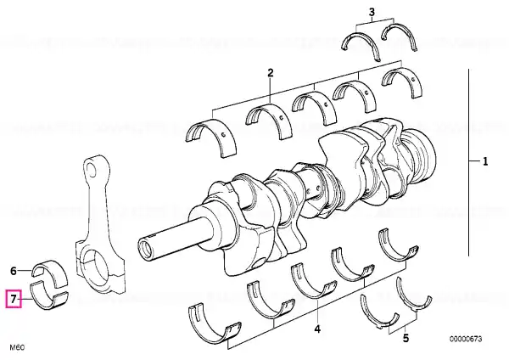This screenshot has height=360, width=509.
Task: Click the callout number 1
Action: point(485,161)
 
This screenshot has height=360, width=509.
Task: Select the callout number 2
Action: point(271,73)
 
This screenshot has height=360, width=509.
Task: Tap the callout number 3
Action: point(372,12)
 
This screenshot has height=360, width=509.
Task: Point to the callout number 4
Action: point(317,329)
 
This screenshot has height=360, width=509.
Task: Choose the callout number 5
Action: point(406,338)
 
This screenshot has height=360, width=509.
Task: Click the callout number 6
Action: point(14,271)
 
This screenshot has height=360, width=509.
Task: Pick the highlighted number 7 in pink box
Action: point(14,299)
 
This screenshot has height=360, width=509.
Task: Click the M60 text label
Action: point(17,347)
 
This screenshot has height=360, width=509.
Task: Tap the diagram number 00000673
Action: point(466,339)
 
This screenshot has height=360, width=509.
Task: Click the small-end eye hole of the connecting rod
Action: point(92,170)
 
